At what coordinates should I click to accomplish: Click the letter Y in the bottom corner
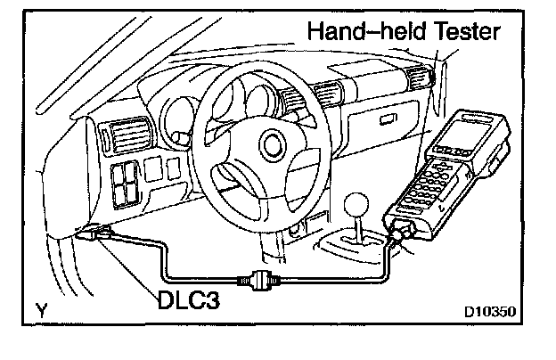pyautogui.click(x=42, y=311)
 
